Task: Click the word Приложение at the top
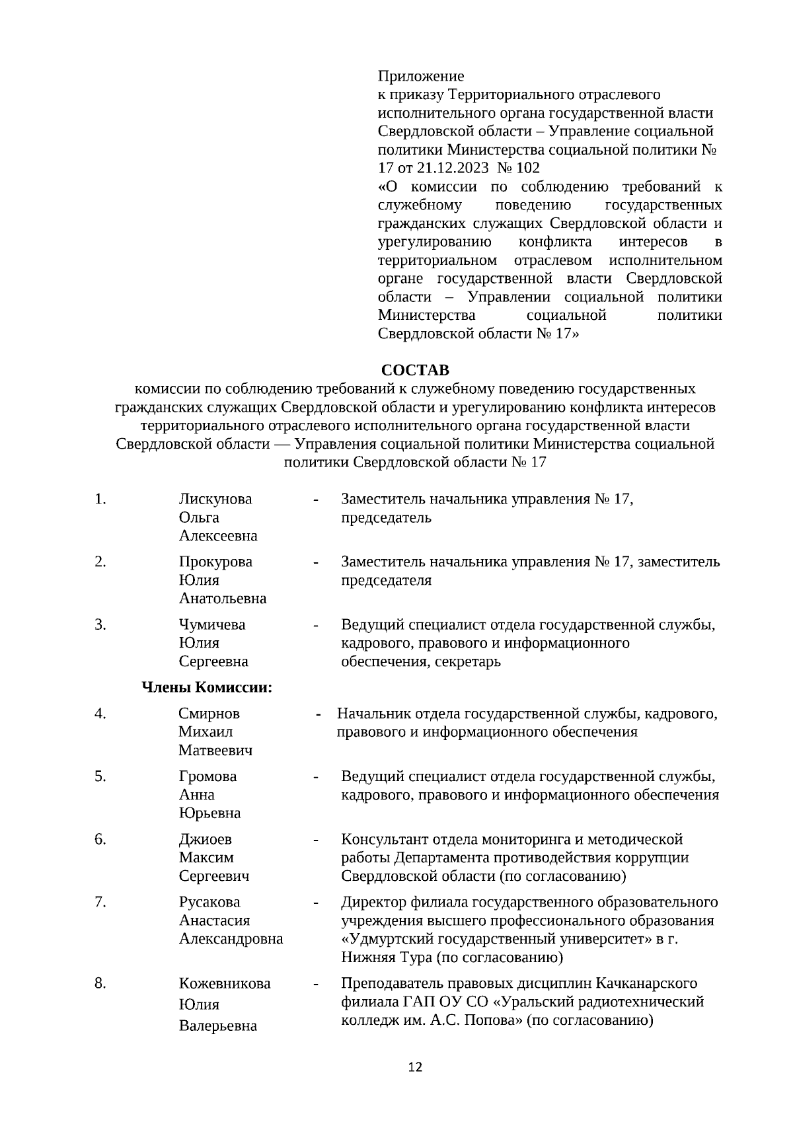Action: [x=421, y=76]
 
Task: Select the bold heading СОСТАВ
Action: [x=415, y=369]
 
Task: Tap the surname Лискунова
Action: [x=215, y=499]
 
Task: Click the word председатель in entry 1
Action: [x=386, y=517]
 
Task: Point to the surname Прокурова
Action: [x=215, y=562]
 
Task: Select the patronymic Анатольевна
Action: [x=223, y=599]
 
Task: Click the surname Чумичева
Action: [x=211, y=624]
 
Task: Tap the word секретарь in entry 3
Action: [x=468, y=661]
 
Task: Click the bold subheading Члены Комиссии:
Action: [x=208, y=688]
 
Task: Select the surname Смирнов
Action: [x=209, y=714]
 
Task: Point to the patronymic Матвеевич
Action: [x=215, y=751]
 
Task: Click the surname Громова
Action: [x=208, y=776]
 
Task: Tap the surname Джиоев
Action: [x=206, y=839]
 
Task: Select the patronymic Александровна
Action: [x=231, y=939]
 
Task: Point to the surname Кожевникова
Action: [x=225, y=984]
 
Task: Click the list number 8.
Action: [x=100, y=984]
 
